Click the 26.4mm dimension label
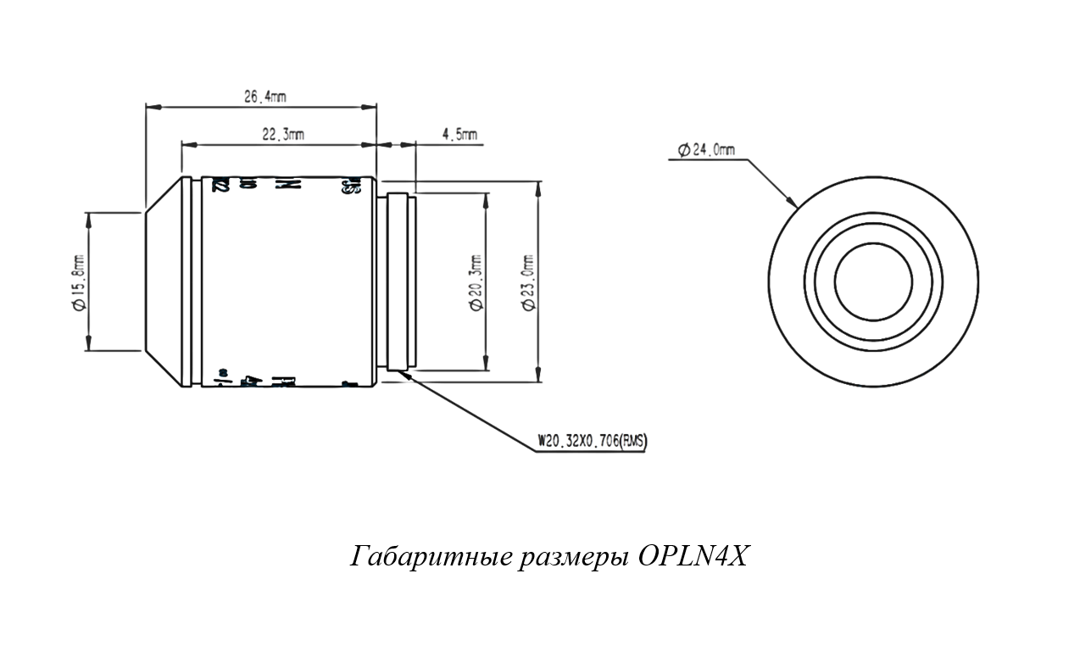coord(264,97)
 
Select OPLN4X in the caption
coord(693,557)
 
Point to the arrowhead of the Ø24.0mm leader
coord(794,204)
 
